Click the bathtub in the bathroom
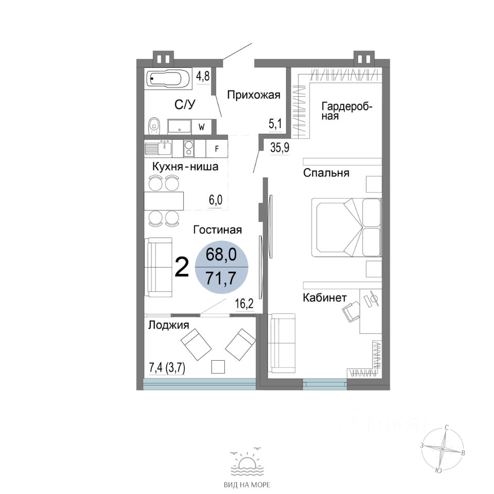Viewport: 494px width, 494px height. [168, 79]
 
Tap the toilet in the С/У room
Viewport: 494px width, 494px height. [154, 126]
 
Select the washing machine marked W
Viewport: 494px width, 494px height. [202, 127]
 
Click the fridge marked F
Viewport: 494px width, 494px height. [217, 149]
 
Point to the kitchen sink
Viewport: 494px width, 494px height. [158, 148]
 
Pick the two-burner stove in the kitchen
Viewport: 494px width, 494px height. [189, 148]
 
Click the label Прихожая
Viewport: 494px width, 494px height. [254, 95]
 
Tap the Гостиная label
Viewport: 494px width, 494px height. [217, 230]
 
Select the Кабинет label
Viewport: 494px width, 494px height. [325, 297]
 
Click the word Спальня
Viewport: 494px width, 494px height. [326, 173]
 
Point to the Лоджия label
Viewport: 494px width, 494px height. [169, 325]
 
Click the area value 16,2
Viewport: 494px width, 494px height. [244, 304]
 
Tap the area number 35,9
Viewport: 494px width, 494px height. [279, 148]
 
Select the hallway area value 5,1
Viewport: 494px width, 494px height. [275, 124]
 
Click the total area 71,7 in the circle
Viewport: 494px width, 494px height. [221, 278]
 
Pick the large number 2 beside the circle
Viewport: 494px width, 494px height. [182, 267]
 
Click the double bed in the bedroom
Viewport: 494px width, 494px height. [346, 227]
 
